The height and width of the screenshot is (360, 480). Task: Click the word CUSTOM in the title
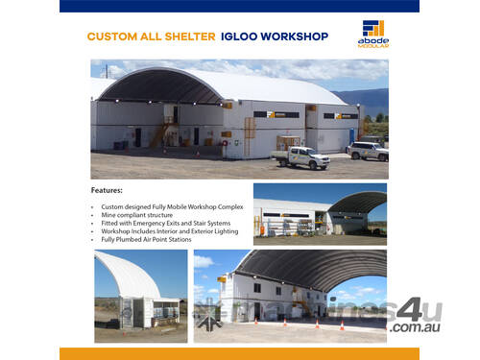[x=109, y=36]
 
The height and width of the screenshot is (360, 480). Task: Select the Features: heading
[x=107, y=190]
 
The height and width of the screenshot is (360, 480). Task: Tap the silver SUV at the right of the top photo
[x=368, y=151]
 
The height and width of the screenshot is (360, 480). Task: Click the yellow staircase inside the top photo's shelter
[x=158, y=132]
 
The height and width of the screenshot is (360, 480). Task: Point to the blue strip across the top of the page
[x=239, y=6]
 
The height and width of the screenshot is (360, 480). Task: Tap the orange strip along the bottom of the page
[x=239, y=353]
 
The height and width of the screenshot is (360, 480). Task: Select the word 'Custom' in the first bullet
[x=113, y=206]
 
